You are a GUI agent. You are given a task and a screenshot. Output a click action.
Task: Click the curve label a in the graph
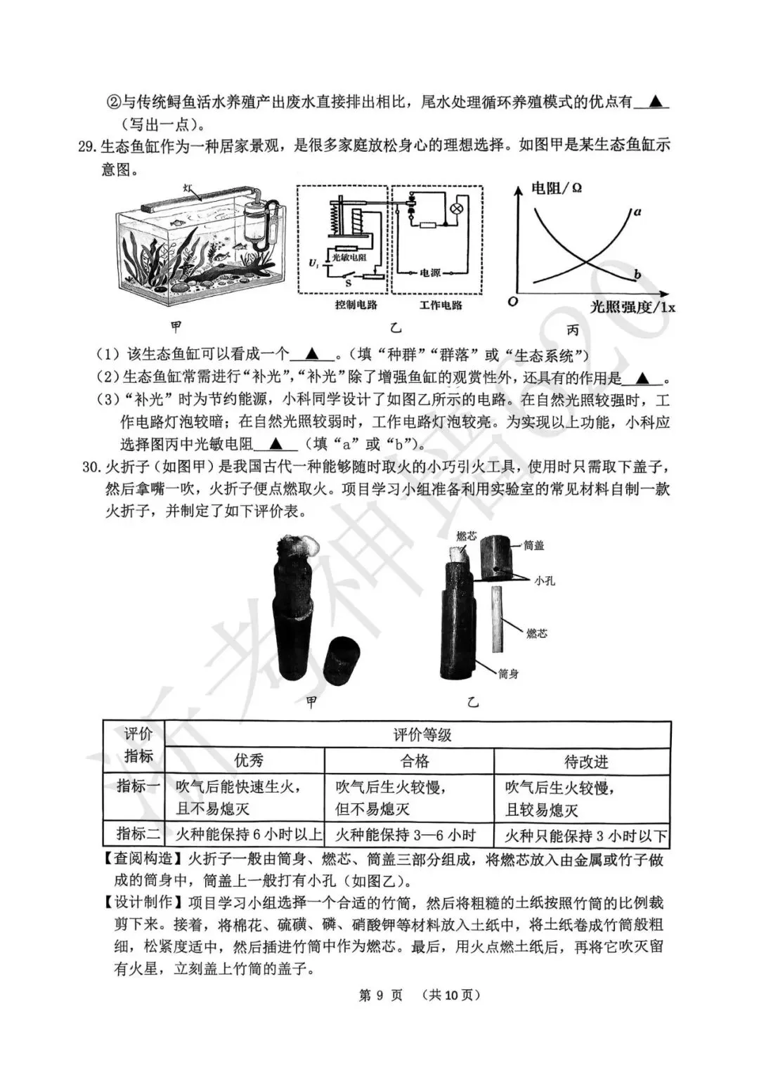coord(637,212)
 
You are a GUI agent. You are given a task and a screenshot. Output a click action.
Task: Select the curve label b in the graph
coord(637,274)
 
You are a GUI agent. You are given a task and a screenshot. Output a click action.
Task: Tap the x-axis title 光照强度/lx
coord(632,306)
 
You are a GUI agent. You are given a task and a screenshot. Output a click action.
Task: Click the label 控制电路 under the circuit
coord(356,305)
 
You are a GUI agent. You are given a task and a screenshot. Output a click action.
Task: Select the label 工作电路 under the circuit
coord(441,305)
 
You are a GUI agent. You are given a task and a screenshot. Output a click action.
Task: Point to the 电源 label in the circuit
coord(430,273)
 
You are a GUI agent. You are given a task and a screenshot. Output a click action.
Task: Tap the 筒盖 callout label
coord(553,545)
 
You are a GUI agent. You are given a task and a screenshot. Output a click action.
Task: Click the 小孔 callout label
coord(544,580)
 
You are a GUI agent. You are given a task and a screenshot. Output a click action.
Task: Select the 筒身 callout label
coord(508,673)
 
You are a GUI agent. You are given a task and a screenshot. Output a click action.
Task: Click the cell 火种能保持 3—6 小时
coord(405,835)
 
